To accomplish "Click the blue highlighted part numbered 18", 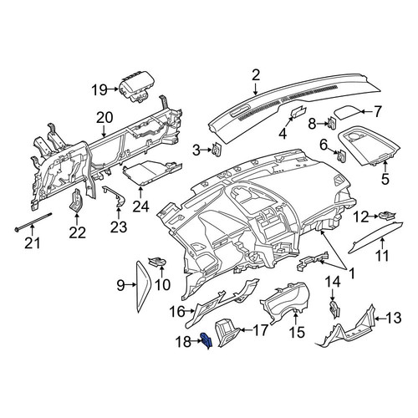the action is click(206, 341).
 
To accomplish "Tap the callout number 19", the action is click(99, 89).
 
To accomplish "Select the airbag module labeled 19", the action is click(134, 89).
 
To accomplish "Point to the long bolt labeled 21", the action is click(33, 222).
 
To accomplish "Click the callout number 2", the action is click(256, 75).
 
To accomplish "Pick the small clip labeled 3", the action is click(217, 150).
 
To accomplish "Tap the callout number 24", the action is click(140, 206).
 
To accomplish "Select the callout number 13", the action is click(393, 318).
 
